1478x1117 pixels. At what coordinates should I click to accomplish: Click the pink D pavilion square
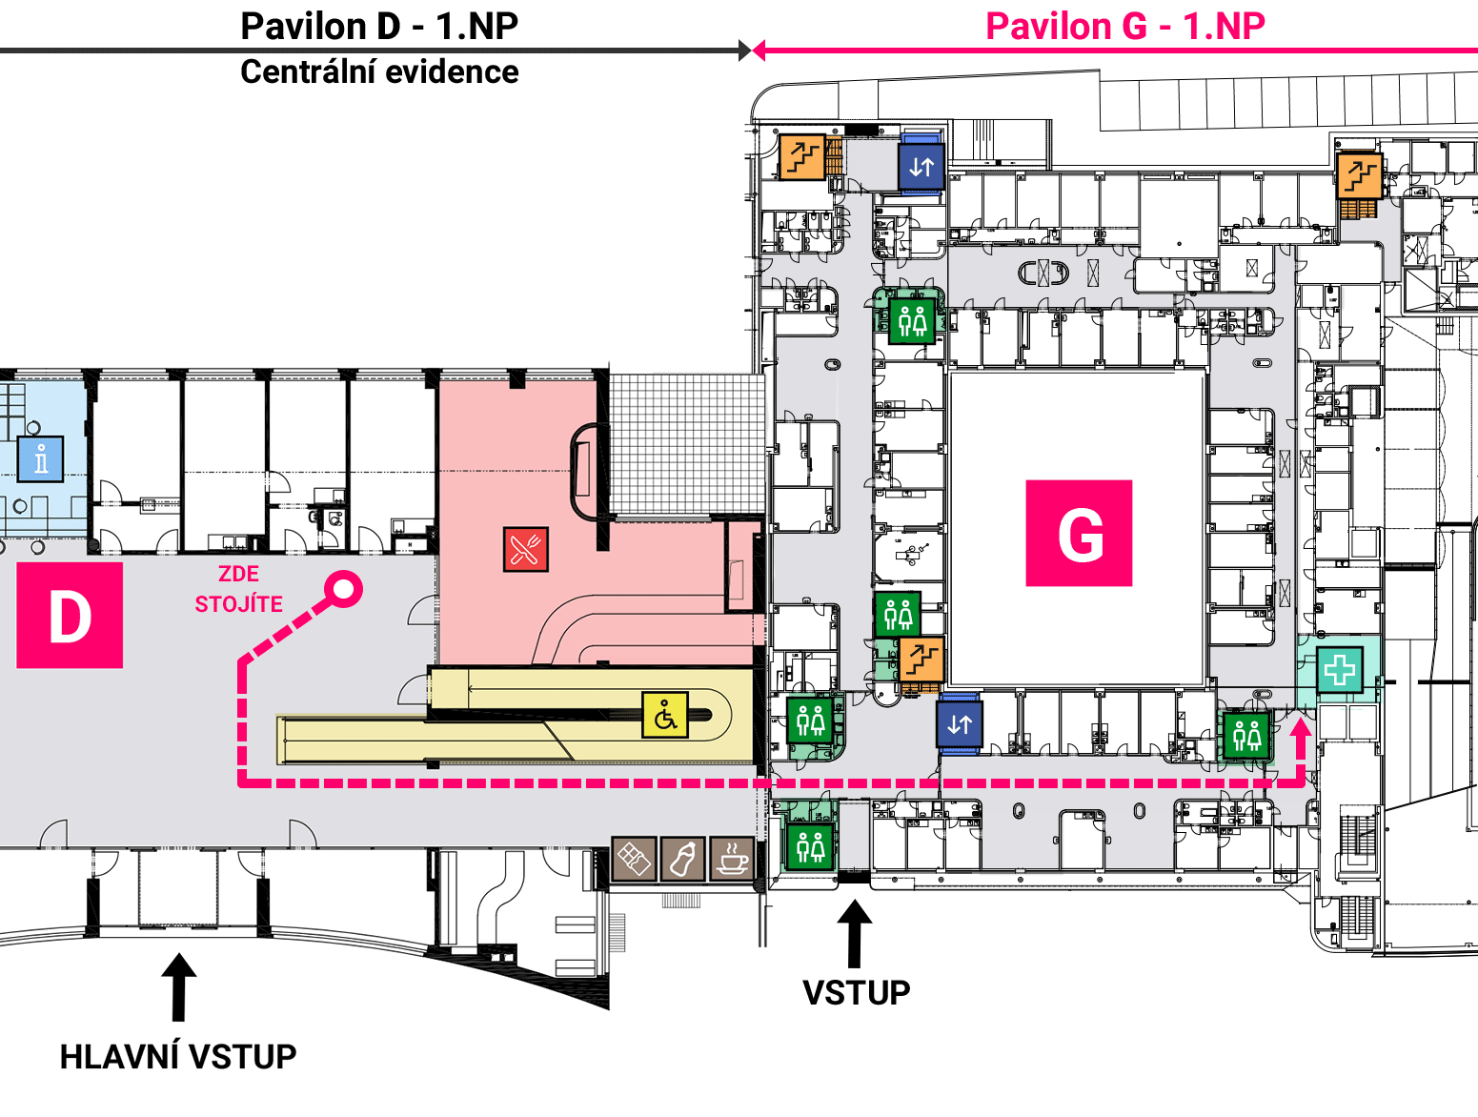(x=70, y=616)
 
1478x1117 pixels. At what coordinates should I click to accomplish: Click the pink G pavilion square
(x=1079, y=534)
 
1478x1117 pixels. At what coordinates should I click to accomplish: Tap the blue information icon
(x=40, y=459)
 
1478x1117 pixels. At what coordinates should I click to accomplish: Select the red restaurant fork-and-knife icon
(x=526, y=549)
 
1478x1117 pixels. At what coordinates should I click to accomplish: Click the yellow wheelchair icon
(x=665, y=715)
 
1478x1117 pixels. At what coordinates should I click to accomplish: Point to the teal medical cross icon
(x=1339, y=669)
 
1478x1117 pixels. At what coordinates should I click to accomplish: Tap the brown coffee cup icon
(x=732, y=859)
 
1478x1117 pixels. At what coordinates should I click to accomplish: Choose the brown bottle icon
(x=682, y=859)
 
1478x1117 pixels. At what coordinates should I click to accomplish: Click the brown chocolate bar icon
(x=634, y=859)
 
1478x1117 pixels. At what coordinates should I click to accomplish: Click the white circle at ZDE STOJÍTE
(x=343, y=589)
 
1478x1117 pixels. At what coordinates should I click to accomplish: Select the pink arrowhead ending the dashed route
(x=1300, y=728)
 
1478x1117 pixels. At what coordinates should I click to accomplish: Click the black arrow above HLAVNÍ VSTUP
(x=178, y=986)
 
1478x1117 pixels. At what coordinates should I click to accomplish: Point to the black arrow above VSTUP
(x=855, y=933)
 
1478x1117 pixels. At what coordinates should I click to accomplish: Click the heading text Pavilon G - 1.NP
(x=1125, y=27)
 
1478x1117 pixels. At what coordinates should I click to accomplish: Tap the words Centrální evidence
(x=379, y=71)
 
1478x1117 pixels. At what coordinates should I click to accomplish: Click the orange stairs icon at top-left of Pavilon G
(x=802, y=157)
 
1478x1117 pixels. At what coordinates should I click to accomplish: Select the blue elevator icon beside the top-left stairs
(x=921, y=166)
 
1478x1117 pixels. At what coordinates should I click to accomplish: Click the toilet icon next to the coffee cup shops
(x=811, y=846)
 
